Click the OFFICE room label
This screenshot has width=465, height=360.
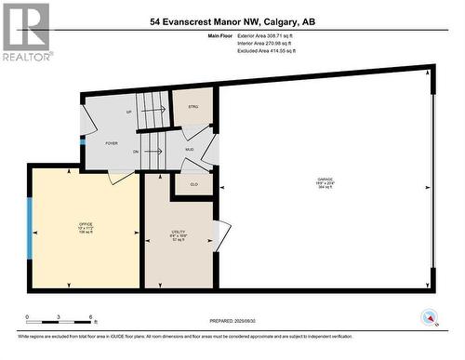tap(86, 225)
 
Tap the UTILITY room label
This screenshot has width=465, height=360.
tap(178, 235)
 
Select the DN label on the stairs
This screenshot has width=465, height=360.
tap(136, 152)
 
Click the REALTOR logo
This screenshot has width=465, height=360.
tap(25, 32)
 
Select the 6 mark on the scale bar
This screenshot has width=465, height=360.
tap(89, 317)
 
